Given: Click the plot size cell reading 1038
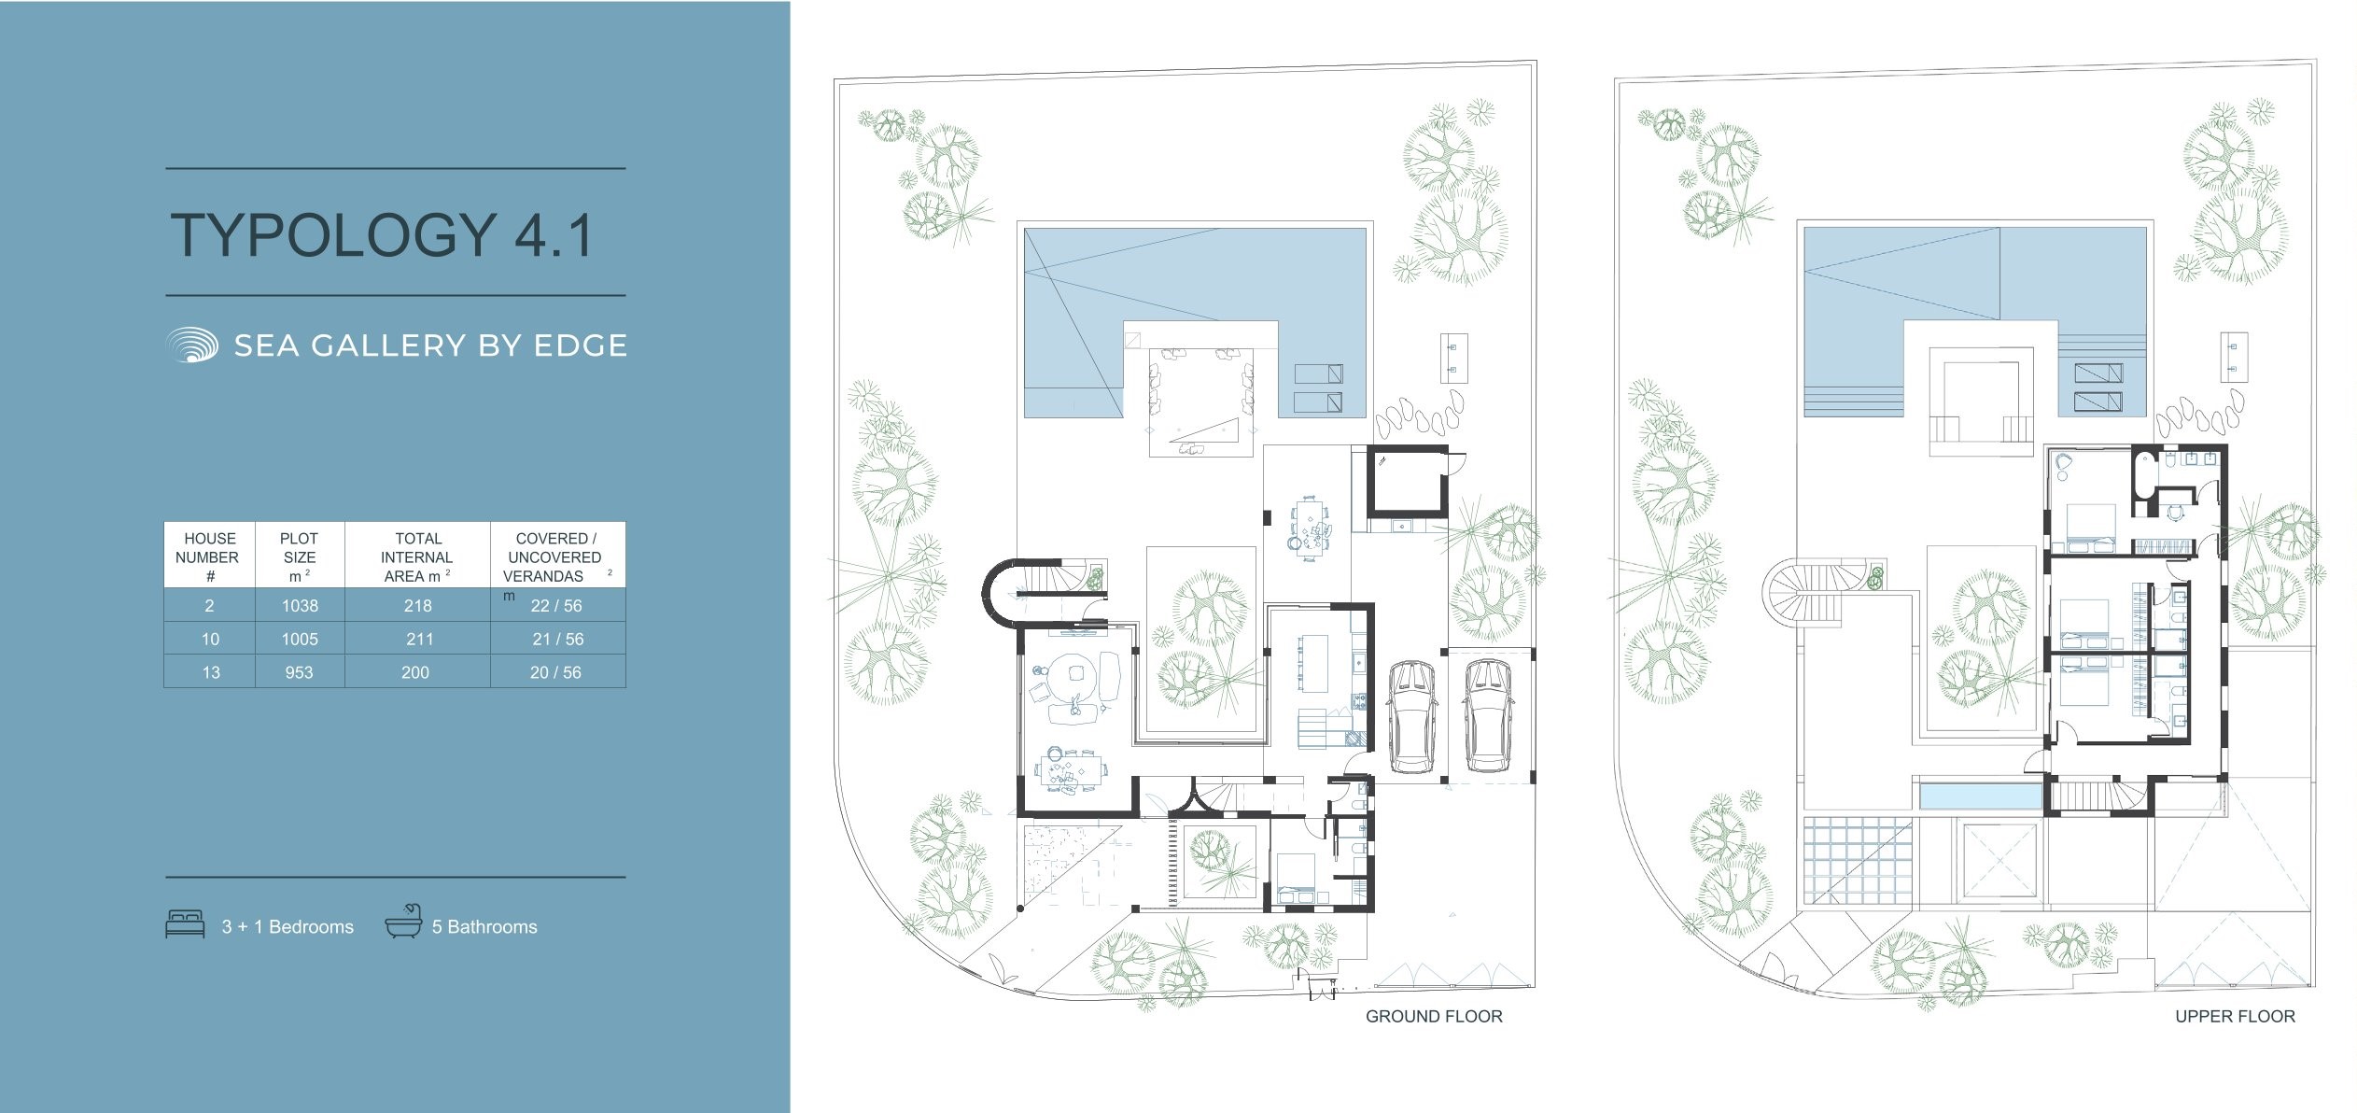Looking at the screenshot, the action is coord(300,605).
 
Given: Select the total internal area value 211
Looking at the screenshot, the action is coord(419,639).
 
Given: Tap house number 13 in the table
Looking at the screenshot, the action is coord(211,672).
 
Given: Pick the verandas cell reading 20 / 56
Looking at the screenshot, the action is coord(555,672).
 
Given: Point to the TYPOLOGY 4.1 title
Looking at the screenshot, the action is coord(382,234).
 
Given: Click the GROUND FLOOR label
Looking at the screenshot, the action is coord(1434,1017).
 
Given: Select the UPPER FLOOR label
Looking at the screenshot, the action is coord(2235,1017).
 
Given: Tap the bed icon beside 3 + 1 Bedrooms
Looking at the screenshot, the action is coord(185,924).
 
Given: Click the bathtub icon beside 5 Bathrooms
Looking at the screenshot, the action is coord(403,922).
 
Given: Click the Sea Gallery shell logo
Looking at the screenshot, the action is coord(191,345).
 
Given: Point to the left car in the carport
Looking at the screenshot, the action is coord(1410,716).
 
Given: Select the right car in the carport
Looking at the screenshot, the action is coord(1488,716).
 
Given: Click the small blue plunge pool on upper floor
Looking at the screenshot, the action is coord(1980,796).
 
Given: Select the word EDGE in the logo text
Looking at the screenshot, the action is coord(580,345).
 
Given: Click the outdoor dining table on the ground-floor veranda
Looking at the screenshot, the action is coord(1309,527).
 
